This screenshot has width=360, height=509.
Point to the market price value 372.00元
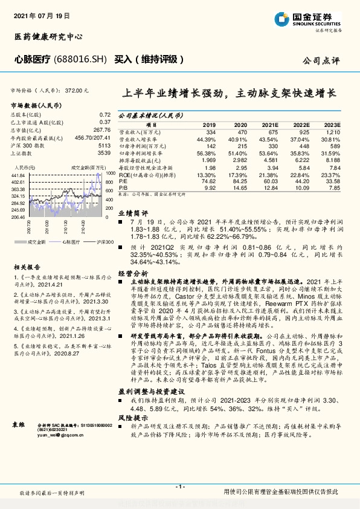pyautogui.click(x=76, y=89)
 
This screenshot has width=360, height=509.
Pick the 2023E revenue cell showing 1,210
pyautogui.click(x=333, y=131)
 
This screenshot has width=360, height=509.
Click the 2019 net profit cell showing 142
pyautogui.click(x=210, y=146)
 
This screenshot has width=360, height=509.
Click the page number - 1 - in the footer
pyautogui.click(x=179, y=486)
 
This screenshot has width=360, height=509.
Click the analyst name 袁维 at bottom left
pyautogui.click(x=19, y=425)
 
